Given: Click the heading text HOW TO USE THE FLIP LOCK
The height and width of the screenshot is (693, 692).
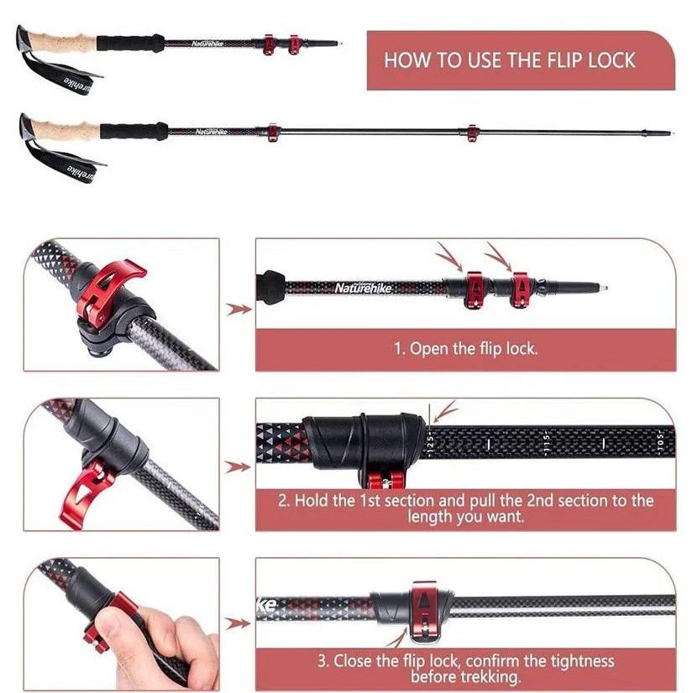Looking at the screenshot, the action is click(x=509, y=60).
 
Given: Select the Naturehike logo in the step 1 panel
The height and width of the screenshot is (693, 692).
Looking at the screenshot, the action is click(x=364, y=288).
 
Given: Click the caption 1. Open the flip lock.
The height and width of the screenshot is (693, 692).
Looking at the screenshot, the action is click(x=466, y=349).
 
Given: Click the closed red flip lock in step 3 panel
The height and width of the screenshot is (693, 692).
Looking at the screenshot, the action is click(x=424, y=612).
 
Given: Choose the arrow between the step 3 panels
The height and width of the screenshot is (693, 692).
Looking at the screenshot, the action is click(x=238, y=623).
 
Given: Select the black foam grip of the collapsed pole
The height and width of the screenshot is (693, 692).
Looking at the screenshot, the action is click(x=130, y=44).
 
